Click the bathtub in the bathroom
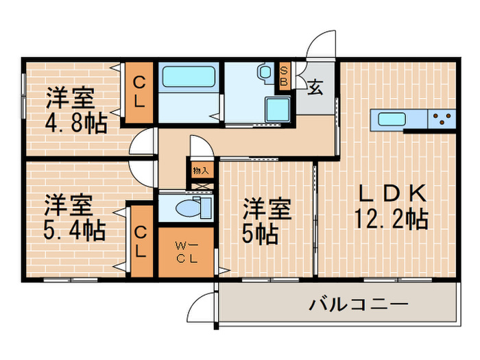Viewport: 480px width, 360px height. pos(189,77)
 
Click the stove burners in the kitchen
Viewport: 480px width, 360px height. pos(442,120)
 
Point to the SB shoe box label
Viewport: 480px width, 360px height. pos(283,76)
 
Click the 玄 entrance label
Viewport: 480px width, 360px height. pos(315,88)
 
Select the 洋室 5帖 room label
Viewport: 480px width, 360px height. pos(267,221)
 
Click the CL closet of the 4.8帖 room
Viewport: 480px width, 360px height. pos(139,93)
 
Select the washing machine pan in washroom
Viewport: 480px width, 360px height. pos(277,108)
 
